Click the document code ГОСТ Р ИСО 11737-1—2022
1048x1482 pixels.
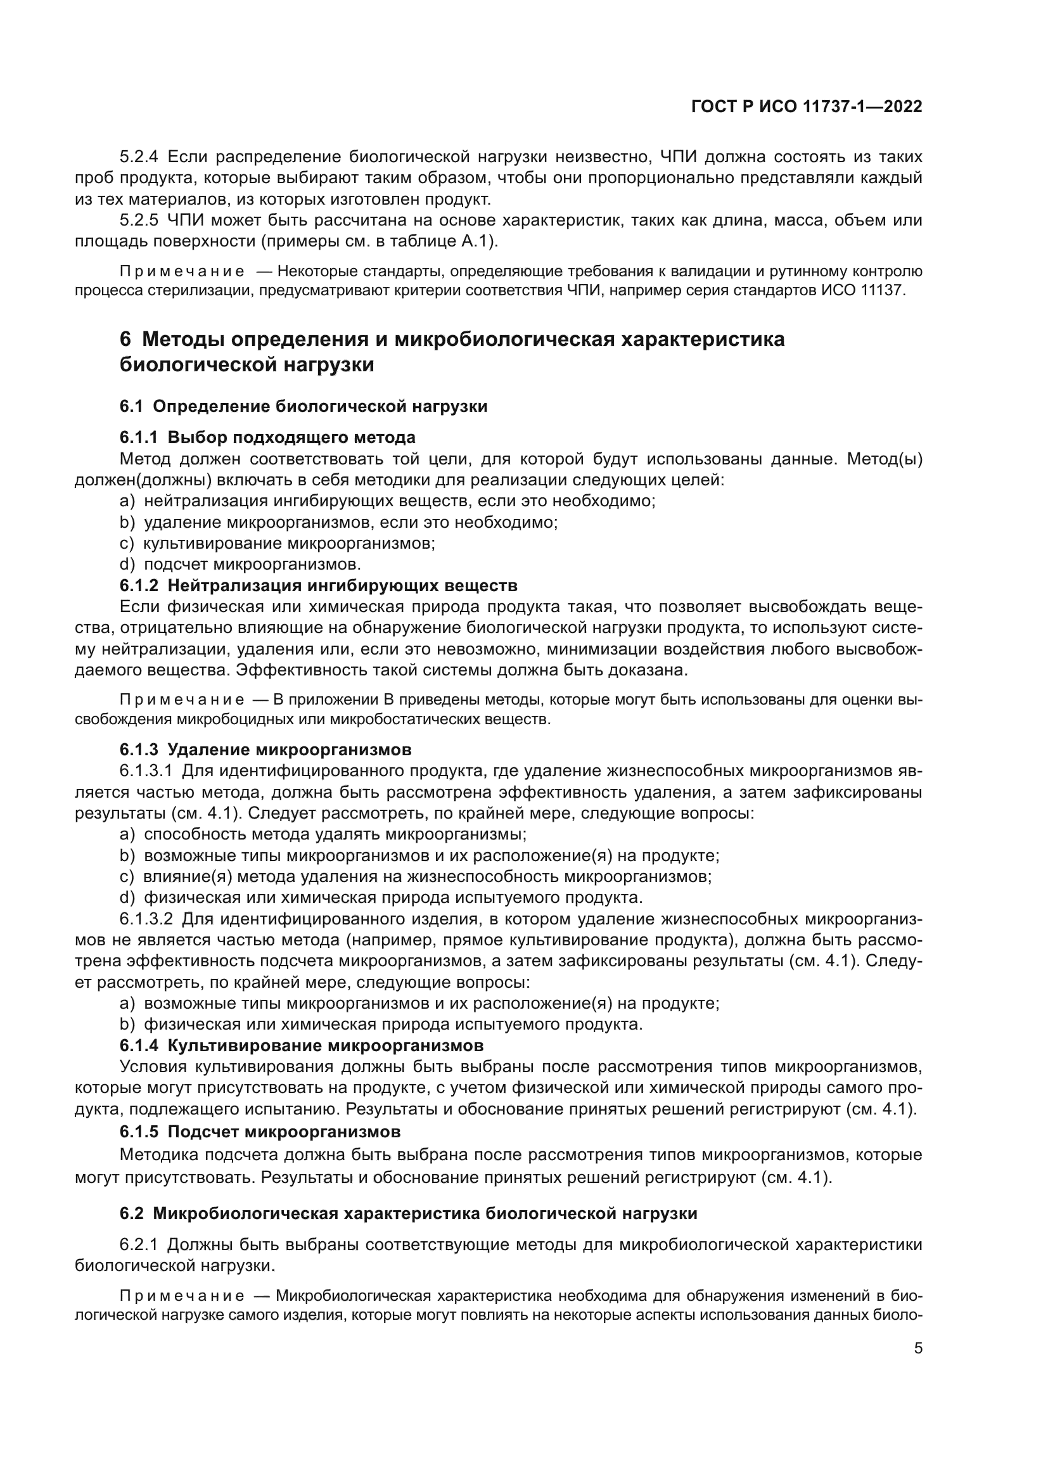(x=806, y=106)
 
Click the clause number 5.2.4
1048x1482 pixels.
(x=139, y=157)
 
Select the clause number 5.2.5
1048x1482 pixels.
(x=139, y=220)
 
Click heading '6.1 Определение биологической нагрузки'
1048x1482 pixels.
(x=304, y=406)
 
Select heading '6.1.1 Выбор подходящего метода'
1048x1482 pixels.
(x=267, y=438)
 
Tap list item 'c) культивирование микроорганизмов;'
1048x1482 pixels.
(x=278, y=544)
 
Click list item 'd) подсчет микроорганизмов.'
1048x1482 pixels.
(x=240, y=565)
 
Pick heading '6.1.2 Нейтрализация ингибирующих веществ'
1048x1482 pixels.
(x=318, y=586)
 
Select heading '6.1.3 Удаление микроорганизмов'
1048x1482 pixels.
(x=265, y=750)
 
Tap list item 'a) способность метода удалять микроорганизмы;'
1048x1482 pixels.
(x=323, y=834)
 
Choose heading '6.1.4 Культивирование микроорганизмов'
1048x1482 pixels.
(x=302, y=1045)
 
